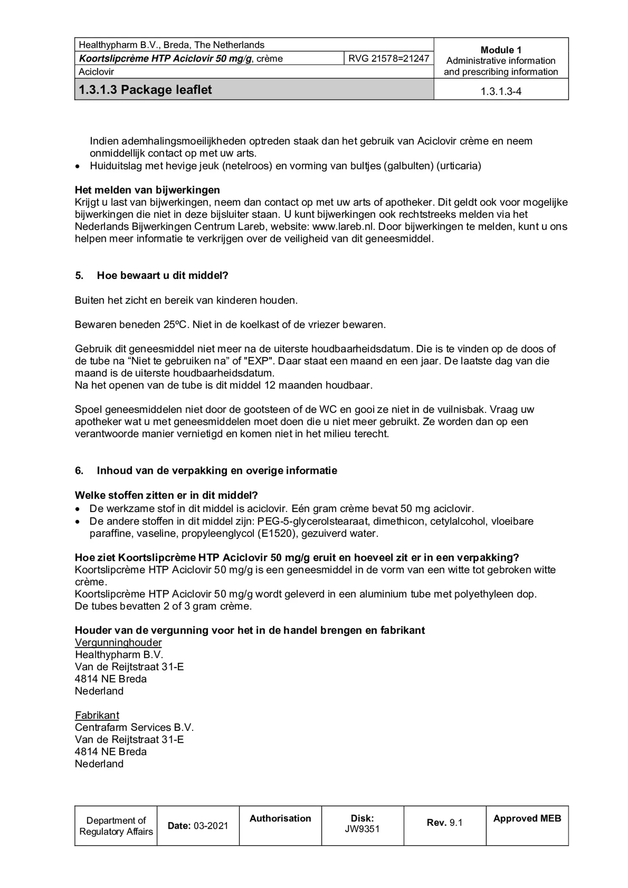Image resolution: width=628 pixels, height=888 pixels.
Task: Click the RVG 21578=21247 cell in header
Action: tap(388, 58)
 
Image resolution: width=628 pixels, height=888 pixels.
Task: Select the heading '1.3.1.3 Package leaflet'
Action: tap(145, 90)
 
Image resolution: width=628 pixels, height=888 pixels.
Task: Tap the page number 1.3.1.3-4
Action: tap(501, 92)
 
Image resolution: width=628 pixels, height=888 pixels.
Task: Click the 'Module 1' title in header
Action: tap(501, 50)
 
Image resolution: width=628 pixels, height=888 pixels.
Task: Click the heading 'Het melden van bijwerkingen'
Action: tap(147, 190)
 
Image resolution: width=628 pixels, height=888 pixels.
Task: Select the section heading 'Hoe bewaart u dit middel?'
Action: tap(162, 276)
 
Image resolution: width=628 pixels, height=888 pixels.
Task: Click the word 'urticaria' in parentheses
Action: tap(458, 166)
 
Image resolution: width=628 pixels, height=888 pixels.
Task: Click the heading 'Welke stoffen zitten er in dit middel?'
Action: tap(166, 495)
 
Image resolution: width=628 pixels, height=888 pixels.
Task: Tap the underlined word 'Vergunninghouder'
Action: tap(118, 643)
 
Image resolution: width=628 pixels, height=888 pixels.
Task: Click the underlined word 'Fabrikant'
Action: tap(97, 715)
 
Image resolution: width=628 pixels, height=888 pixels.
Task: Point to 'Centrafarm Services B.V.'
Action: tap(134, 728)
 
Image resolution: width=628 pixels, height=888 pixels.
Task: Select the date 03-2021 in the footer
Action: tap(211, 826)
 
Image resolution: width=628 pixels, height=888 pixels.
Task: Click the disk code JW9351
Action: tap(362, 830)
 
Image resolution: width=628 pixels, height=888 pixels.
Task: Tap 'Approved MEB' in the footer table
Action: tap(527, 818)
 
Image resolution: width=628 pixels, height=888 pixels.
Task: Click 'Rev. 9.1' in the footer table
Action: tap(444, 822)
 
